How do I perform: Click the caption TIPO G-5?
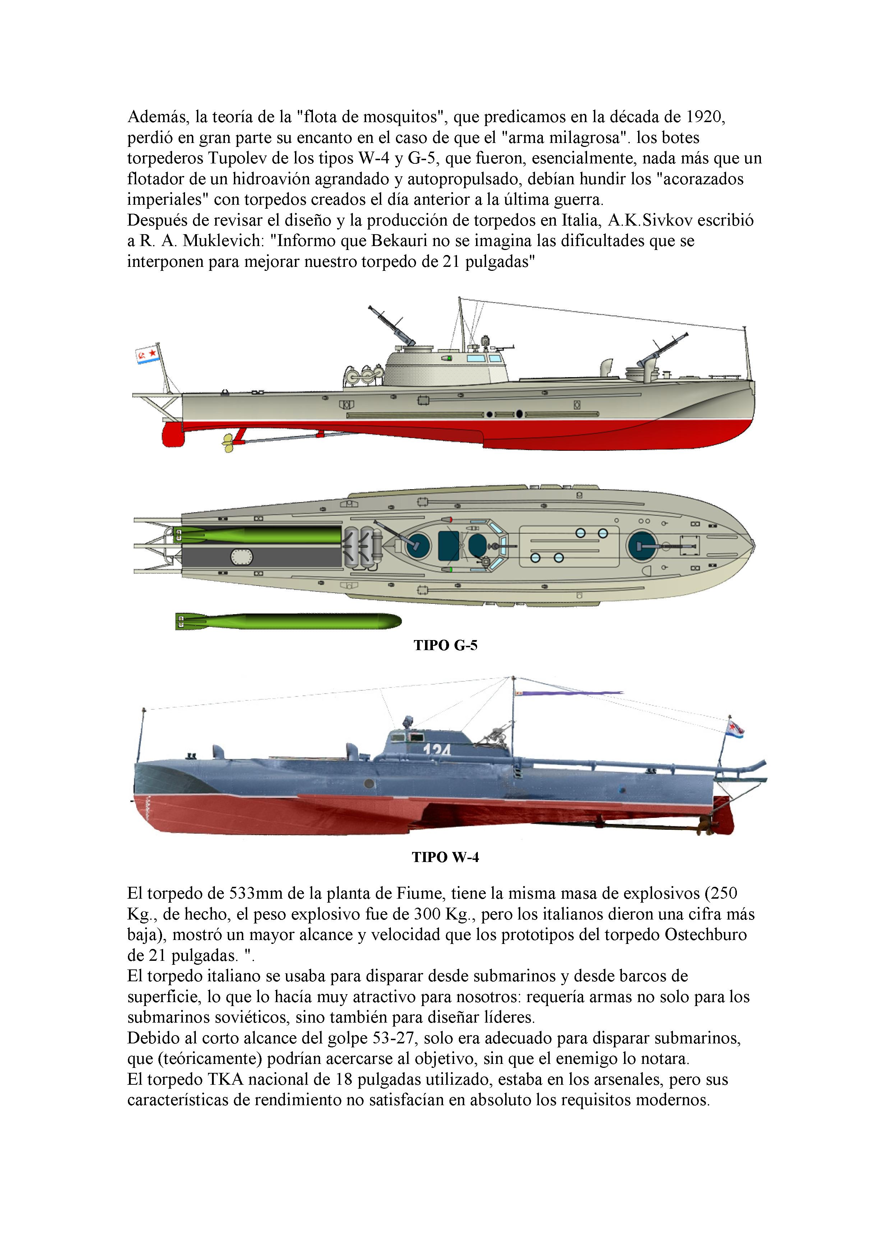coord(445,645)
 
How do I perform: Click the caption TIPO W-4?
coord(445,857)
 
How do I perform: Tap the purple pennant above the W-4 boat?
coord(571,694)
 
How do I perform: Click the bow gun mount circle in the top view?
coord(642,546)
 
